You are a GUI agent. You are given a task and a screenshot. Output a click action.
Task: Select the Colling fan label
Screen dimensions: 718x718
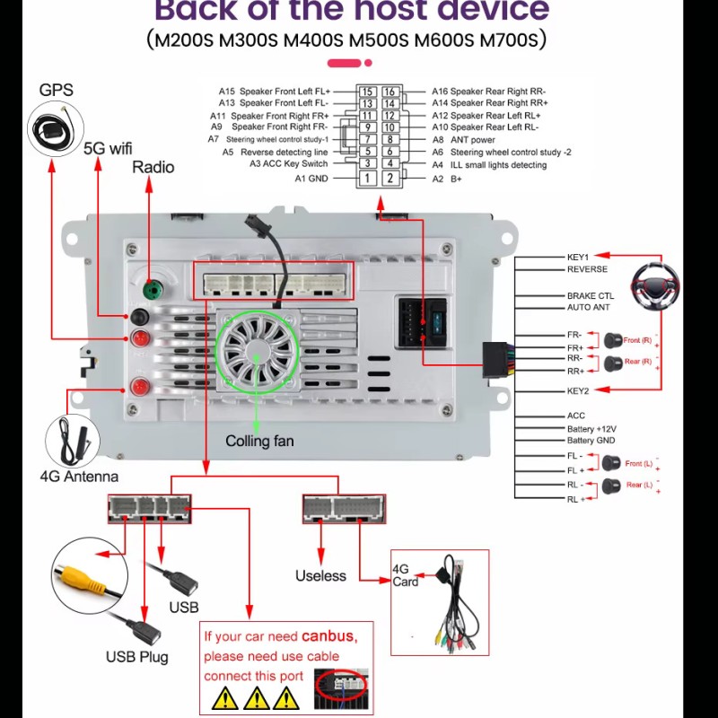(x=259, y=441)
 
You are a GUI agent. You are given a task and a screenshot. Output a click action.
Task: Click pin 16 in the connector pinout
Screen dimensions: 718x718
(x=390, y=92)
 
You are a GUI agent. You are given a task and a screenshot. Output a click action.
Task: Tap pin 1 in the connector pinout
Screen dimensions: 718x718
(x=367, y=179)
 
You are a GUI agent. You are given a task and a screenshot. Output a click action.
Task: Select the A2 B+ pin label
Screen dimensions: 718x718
(x=446, y=179)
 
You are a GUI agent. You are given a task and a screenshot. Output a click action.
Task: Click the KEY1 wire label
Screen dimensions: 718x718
(x=578, y=257)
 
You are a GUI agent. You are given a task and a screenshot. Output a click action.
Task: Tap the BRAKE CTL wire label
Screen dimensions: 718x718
(x=591, y=295)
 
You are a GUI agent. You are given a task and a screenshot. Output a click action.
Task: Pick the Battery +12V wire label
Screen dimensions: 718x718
(x=592, y=429)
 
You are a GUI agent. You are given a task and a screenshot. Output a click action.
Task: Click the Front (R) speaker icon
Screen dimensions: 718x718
(x=614, y=340)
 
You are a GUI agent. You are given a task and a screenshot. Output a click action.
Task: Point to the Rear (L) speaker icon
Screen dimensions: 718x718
(x=614, y=486)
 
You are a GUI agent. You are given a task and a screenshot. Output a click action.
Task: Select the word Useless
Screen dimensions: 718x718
(x=320, y=575)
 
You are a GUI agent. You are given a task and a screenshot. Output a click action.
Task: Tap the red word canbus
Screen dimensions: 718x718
(x=328, y=636)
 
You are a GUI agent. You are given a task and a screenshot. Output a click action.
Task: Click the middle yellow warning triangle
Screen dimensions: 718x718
(x=257, y=696)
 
